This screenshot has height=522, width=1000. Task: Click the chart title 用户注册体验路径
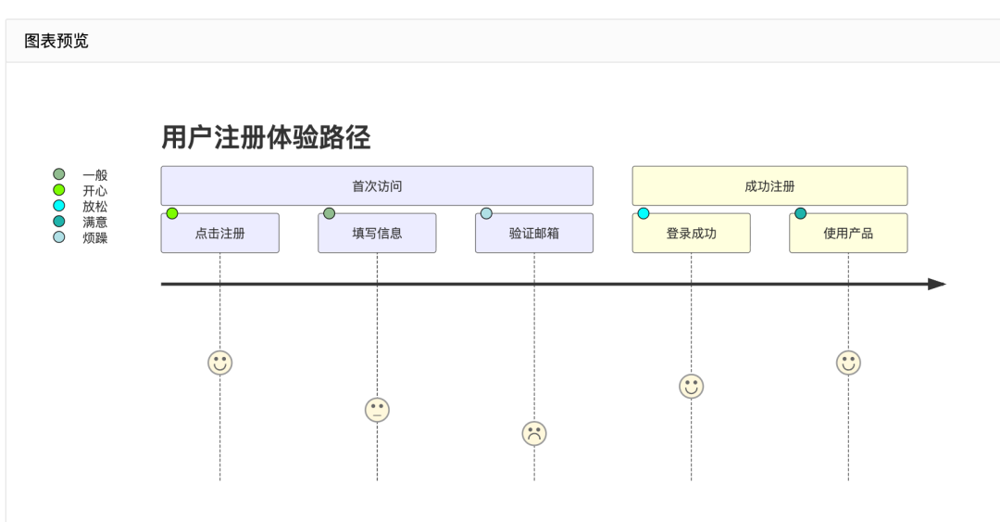click(x=266, y=138)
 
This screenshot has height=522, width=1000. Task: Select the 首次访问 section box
click(x=377, y=186)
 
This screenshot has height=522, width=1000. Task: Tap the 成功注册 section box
click(x=769, y=186)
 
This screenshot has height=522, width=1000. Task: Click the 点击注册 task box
click(x=219, y=234)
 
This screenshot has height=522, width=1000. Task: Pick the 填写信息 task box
click(x=377, y=234)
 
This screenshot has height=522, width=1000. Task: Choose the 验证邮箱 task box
click(x=534, y=234)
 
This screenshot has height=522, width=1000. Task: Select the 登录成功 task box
click(x=691, y=234)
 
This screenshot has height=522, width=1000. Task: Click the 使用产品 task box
click(x=848, y=234)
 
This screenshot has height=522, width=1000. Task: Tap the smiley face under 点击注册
click(x=219, y=363)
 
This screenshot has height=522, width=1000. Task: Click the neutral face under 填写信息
click(x=377, y=410)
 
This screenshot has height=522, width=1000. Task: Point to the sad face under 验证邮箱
click(x=534, y=433)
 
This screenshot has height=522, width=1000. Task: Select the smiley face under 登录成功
click(x=691, y=386)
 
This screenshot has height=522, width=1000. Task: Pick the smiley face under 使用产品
click(x=848, y=363)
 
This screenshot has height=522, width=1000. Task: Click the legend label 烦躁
click(x=94, y=237)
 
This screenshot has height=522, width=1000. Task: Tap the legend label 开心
click(x=94, y=190)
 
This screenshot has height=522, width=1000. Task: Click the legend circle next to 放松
click(x=59, y=206)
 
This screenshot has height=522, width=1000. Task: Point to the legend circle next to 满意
click(x=59, y=222)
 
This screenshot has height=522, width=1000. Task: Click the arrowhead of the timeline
click(x=937, y=284)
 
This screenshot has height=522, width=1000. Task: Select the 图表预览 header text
click(x=56, y=41)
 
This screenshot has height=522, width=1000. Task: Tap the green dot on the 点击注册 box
click(x=172, y=213)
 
